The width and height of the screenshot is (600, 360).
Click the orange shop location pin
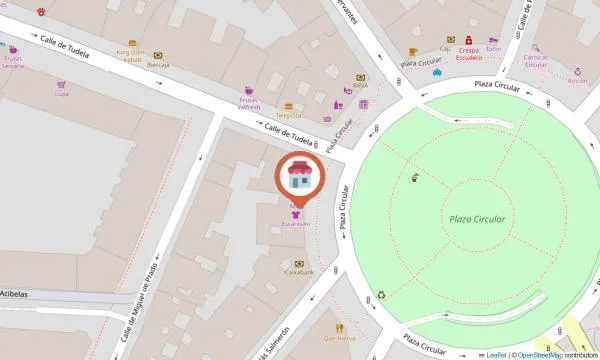point(298,178)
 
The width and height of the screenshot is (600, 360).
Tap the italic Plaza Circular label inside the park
point(477,219)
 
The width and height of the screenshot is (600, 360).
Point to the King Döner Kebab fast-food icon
point(130,42)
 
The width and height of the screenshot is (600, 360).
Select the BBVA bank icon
point(360,76)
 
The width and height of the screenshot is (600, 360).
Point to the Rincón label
point(577,81)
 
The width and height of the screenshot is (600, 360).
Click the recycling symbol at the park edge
point(381,295)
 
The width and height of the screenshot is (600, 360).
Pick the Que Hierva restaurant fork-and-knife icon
point(340,327)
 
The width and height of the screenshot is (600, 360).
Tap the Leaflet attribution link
point(494,354)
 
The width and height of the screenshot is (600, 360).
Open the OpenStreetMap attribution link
point(539,354)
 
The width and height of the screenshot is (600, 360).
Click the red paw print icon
point(41,12)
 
